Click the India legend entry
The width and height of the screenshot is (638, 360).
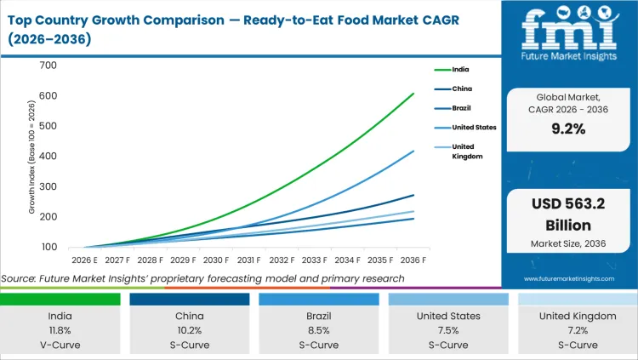click(457, 70)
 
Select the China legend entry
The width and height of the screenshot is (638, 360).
click(459, 89)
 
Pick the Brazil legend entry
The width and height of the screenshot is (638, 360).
click(459, 108)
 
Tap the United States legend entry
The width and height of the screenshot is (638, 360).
click(470, 128)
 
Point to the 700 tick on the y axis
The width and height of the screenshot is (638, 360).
click(48, 66)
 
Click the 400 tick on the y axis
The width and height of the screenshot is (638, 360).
click(48, 157)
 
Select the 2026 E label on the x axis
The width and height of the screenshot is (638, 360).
click(83, 260)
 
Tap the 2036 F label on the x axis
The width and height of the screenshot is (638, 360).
click(413, 260)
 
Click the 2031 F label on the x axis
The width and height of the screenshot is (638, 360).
click(248, 260)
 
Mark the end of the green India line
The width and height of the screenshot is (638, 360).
click(413, 94)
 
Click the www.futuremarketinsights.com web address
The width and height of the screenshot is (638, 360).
click(569, 278)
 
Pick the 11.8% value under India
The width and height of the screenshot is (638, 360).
click(60, 330)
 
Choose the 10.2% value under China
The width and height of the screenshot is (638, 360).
click(190, 330)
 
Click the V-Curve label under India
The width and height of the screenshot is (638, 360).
click(60, 345)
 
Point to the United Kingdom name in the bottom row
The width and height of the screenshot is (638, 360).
click(578, 316)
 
